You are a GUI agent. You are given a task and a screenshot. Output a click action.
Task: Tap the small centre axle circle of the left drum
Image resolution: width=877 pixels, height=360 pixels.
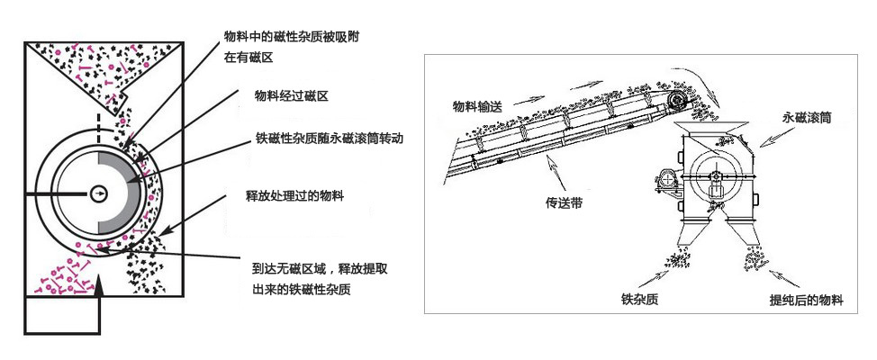[x=97, y=191]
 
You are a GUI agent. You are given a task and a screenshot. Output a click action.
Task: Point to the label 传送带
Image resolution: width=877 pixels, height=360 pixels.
[x=565, y=203]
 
